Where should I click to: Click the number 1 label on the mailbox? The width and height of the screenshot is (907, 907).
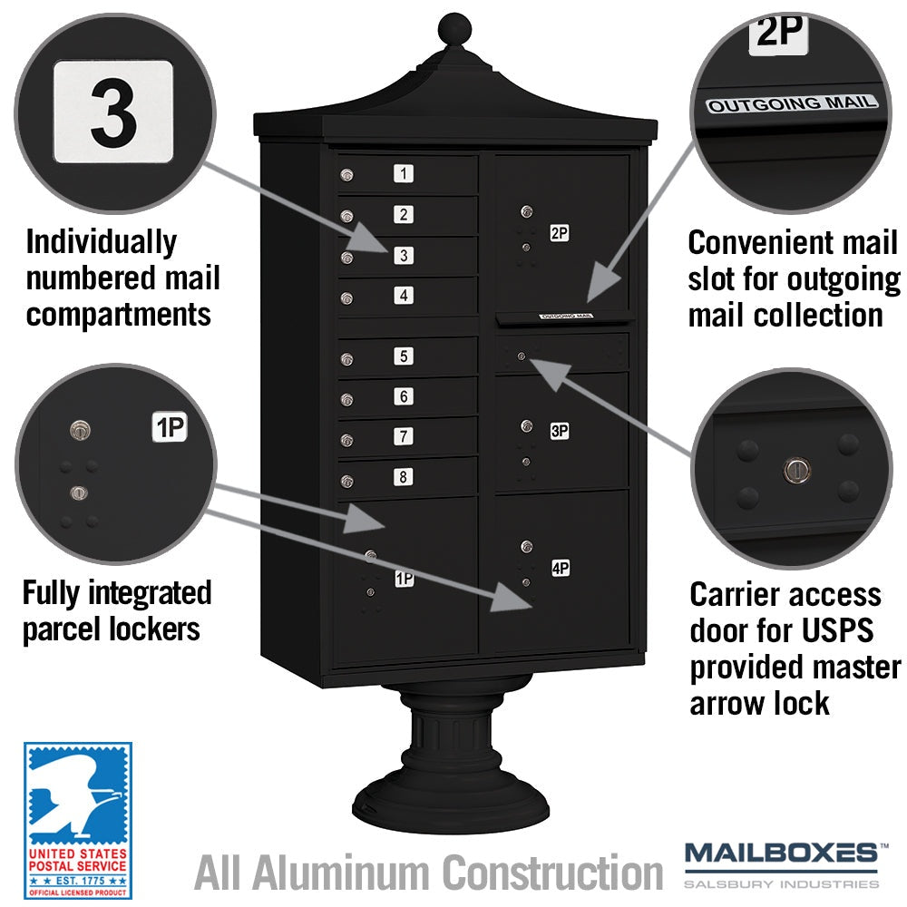click(404, 173)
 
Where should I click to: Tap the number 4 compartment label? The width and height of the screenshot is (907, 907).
click(404, 296)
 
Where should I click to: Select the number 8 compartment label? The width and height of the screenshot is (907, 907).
click(404, 477)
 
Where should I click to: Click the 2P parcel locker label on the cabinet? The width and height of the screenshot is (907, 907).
click(560, 233)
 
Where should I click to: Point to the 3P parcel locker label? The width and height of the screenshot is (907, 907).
click(560, 431)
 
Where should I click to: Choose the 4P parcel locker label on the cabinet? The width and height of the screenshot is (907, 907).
click(561, 568)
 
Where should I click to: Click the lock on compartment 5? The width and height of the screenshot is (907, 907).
click(347, 360)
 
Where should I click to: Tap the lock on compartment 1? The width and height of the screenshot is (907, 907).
click(347, 175)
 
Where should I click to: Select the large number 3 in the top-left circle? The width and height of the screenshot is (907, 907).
click(113, 112)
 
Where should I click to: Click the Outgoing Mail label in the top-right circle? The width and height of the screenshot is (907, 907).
click(792, 104)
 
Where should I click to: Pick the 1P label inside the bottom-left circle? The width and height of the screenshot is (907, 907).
click(170, 427)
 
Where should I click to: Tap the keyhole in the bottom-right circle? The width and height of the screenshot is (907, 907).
click(797, 470)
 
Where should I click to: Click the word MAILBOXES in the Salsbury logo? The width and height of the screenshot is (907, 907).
click(782, 853)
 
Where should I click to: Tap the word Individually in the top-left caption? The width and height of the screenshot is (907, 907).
click(102, 243)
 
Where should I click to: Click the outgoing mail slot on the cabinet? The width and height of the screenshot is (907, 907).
click(564, 317)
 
